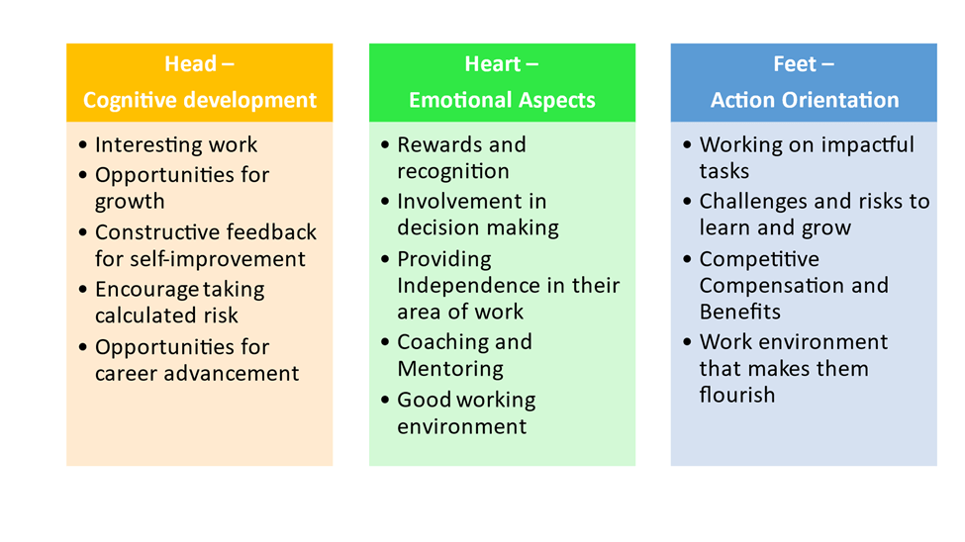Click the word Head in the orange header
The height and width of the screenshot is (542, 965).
(x=190, y=64)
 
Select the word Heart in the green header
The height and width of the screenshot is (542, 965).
(x=492, y=64)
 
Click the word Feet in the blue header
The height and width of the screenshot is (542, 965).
(x=795, y=64)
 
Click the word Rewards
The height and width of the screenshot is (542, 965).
(x=440, y=144)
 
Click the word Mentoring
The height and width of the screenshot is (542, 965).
(x=450, y=369)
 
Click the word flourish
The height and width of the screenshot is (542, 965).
(x=737, y=395)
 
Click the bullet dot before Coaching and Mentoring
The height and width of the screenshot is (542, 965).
(x=385, y=341)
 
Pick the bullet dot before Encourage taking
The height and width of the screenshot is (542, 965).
(x=83, y=289)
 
